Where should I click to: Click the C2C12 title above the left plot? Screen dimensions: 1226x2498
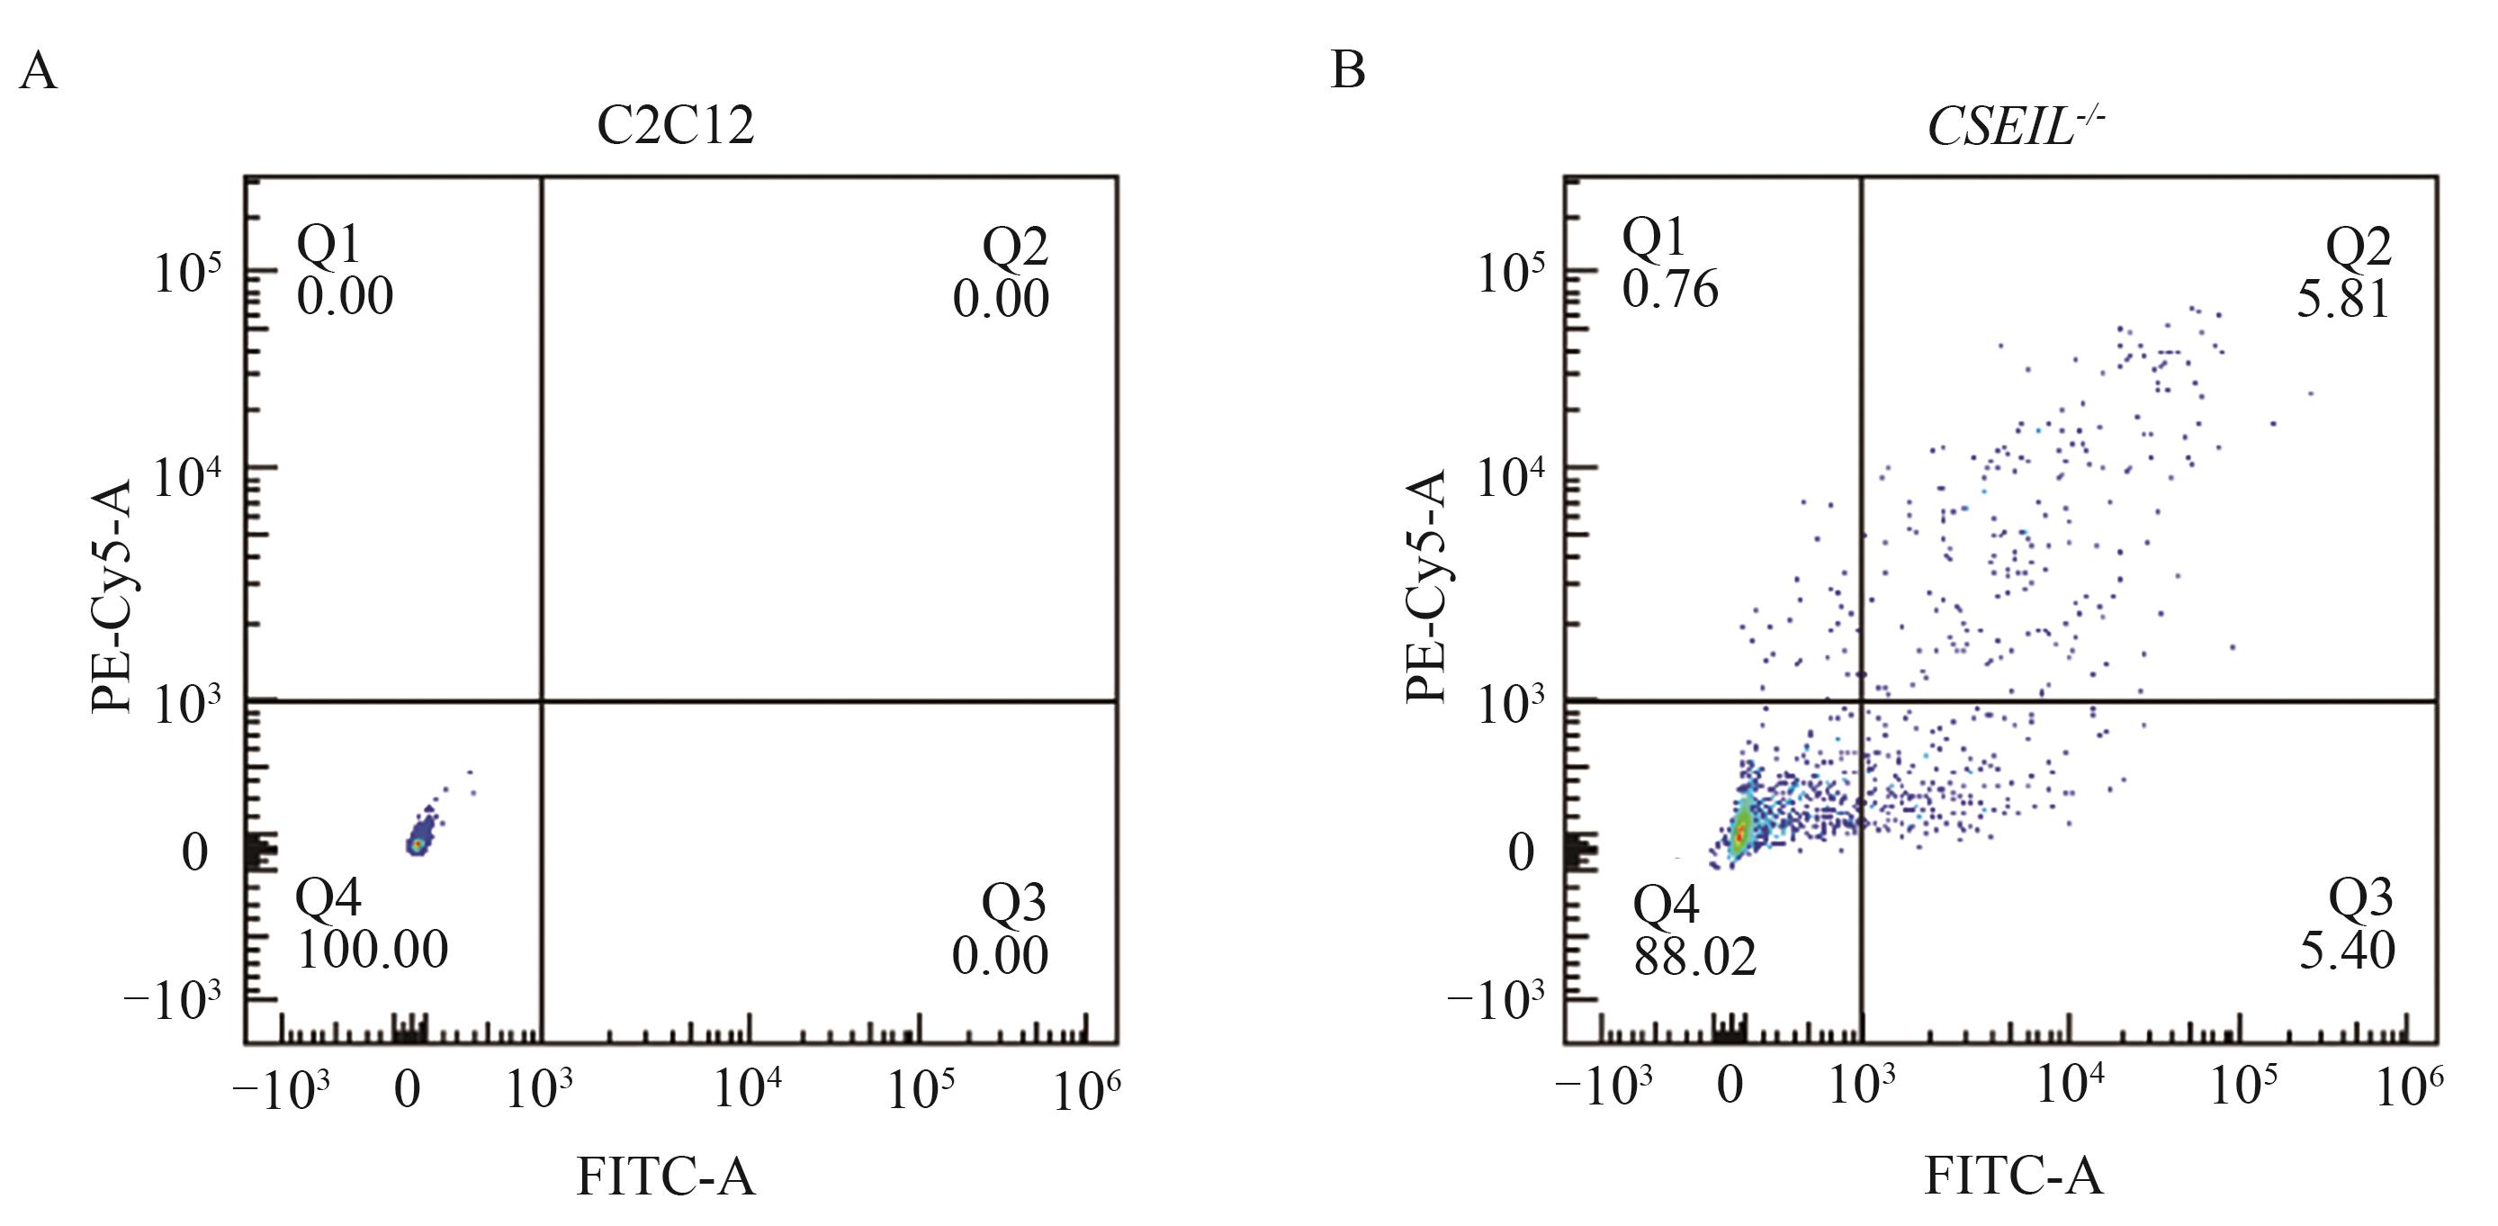tap(675, 126)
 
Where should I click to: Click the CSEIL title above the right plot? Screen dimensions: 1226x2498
tap(2013, 126)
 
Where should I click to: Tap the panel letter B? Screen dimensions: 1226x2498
tap(1348, 71)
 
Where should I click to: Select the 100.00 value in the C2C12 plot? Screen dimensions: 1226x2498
tap(373, 950)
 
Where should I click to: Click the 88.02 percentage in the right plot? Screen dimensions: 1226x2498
tap(1695, 958)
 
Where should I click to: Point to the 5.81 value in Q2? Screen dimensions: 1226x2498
tap(2343, 300)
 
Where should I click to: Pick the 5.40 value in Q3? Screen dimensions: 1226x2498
tap(2347, 951)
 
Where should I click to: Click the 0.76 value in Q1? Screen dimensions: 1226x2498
tap(1670, 289)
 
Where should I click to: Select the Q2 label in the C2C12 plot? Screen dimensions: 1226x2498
tap(1014, 247)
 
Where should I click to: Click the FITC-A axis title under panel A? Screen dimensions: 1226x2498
tap(665, 1177)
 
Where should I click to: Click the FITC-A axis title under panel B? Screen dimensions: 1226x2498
tap(2013, 1177)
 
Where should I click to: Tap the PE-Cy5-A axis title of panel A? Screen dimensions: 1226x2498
tap(111, 591)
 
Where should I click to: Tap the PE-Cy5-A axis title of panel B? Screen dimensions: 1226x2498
tap(1425, 586)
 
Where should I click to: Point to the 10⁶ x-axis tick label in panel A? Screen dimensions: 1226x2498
tap(1086, 1091)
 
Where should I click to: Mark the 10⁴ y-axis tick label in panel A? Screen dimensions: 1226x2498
tap(186, 477)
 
